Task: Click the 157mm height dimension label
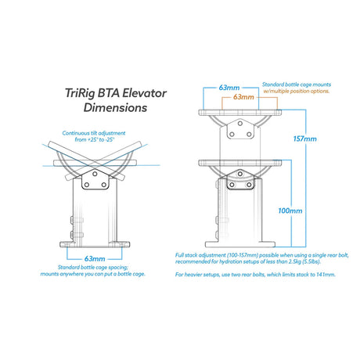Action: click(304, 139)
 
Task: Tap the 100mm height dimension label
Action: click(290, 211)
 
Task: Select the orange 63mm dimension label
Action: click(243, 97)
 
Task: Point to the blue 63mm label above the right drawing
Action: click(229, 88)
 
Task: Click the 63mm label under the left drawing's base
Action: click(95, 259)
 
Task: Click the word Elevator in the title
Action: click(144, 93)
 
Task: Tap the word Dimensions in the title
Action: click(115, 107)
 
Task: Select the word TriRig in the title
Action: click(80, 93)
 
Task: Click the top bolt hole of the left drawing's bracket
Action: click(95, 174)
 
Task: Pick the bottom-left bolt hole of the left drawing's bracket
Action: click(87, 185)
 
